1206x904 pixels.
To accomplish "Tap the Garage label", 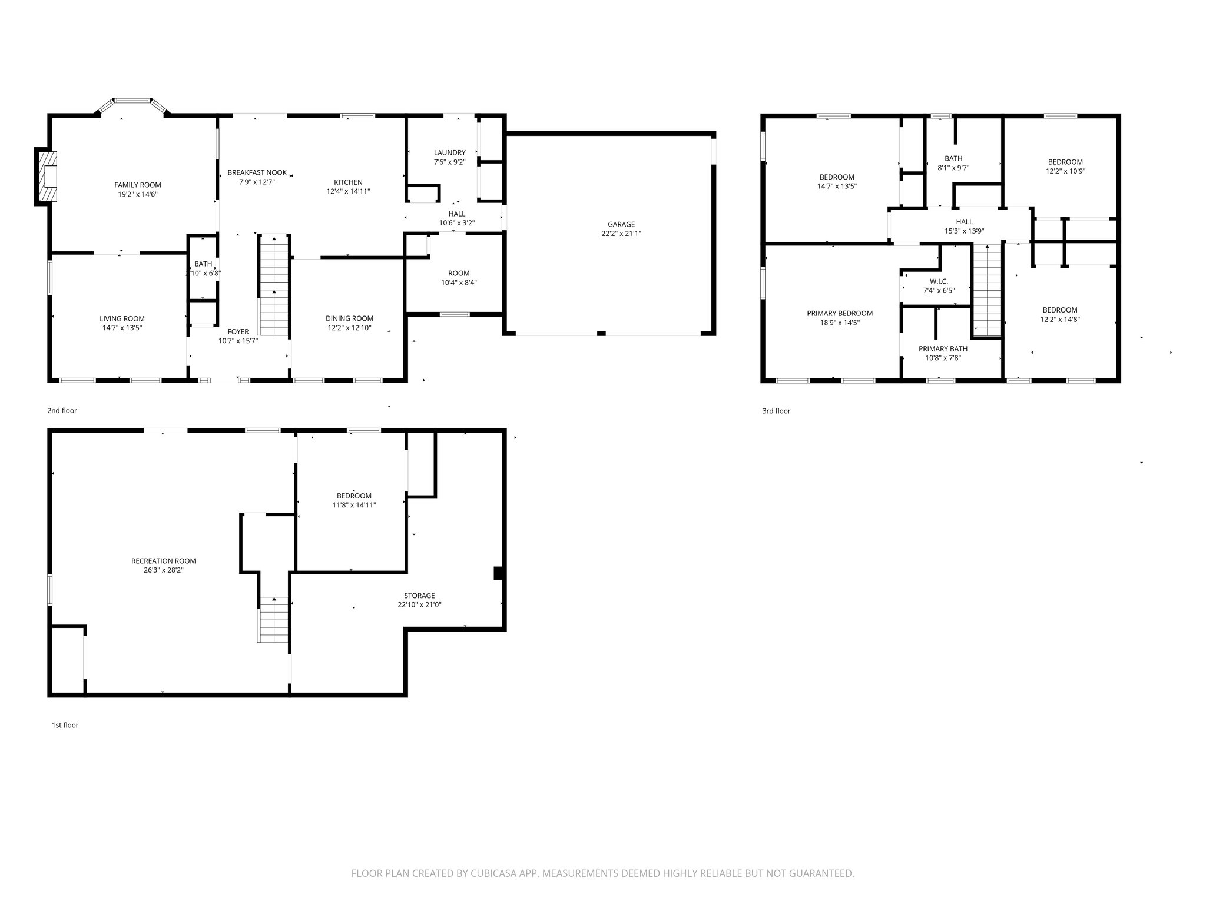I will [621, 224].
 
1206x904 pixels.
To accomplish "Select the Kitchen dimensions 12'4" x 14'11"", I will [348, 191].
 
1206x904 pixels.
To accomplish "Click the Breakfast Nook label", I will [257, 172].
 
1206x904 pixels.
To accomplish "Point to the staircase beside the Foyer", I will [274, 285].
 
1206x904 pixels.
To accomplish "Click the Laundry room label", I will [449, 152].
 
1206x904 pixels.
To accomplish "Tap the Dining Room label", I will [349, 318].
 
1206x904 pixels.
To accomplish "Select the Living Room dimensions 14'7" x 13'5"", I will [122, 328].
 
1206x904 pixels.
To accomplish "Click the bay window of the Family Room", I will [132, 102].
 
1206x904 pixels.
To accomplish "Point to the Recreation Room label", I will [163, 561].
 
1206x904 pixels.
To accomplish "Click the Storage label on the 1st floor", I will [419, 596].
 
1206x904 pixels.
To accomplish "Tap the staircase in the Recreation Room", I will [273, 620].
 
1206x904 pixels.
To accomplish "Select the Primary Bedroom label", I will [839, 313].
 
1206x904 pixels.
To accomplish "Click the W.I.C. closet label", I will [939, 281].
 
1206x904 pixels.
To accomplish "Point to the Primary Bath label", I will [943, 348].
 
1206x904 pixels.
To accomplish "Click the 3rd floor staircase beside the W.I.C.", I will [986, 290].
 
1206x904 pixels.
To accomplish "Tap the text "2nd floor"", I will [62, 411].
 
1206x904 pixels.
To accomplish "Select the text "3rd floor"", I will [776, 411].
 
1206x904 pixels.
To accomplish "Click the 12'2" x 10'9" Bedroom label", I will [1065, 162].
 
